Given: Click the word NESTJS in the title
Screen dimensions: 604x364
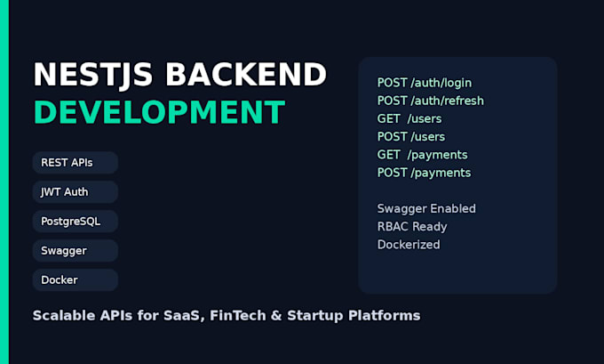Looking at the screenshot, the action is click(93, 75).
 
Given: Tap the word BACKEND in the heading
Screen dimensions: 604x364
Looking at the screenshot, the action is click(246, 74).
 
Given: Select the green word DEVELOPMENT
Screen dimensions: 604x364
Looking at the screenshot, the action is click(160, 112).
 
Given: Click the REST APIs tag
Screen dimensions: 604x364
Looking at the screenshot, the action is click(75, 163).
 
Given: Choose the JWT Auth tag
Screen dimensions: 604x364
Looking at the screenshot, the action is click(75, 192).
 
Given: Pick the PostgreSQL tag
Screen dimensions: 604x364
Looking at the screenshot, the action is click(75, 222).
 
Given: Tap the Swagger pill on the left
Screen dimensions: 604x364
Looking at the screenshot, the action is click(75, 250).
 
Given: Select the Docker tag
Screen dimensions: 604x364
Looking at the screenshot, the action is click(75, 279).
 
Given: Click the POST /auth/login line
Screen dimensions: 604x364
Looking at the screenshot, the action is click(424, 83).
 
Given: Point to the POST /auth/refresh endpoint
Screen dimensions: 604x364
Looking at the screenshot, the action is click(430, 101).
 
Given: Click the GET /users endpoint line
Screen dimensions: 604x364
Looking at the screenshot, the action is click(409, 118).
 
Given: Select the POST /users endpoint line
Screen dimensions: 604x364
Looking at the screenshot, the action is click(411, 137).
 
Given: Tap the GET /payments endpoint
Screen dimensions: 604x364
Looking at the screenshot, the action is click(422, 155).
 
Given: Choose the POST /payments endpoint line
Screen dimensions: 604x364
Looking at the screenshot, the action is click(424, 173).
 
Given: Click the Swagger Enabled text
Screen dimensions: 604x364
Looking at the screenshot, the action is click(426, 209).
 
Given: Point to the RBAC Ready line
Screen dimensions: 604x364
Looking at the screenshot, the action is click(412, 227).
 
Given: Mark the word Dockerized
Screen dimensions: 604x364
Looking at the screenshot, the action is click(409, 245).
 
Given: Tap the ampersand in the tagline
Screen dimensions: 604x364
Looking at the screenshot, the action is click(276, 315).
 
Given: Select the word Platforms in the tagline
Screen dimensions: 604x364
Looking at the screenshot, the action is click(385, 315).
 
